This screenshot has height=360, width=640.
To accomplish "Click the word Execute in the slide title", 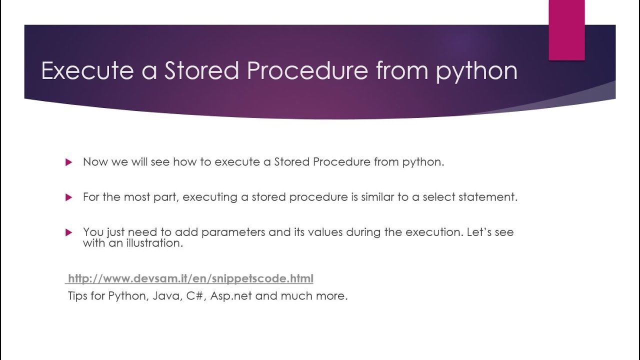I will tap(87, 70).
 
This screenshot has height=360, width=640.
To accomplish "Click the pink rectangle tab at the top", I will tap(566, 30).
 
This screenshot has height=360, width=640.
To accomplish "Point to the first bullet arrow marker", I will tap(69, 162).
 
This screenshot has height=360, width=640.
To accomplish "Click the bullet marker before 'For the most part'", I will tap(69, 197).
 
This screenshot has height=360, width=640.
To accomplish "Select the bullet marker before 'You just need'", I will tap(69, 232).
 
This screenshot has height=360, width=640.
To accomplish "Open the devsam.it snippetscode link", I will tap(190, 278).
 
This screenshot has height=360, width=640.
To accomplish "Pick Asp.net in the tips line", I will tap(231, 296).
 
